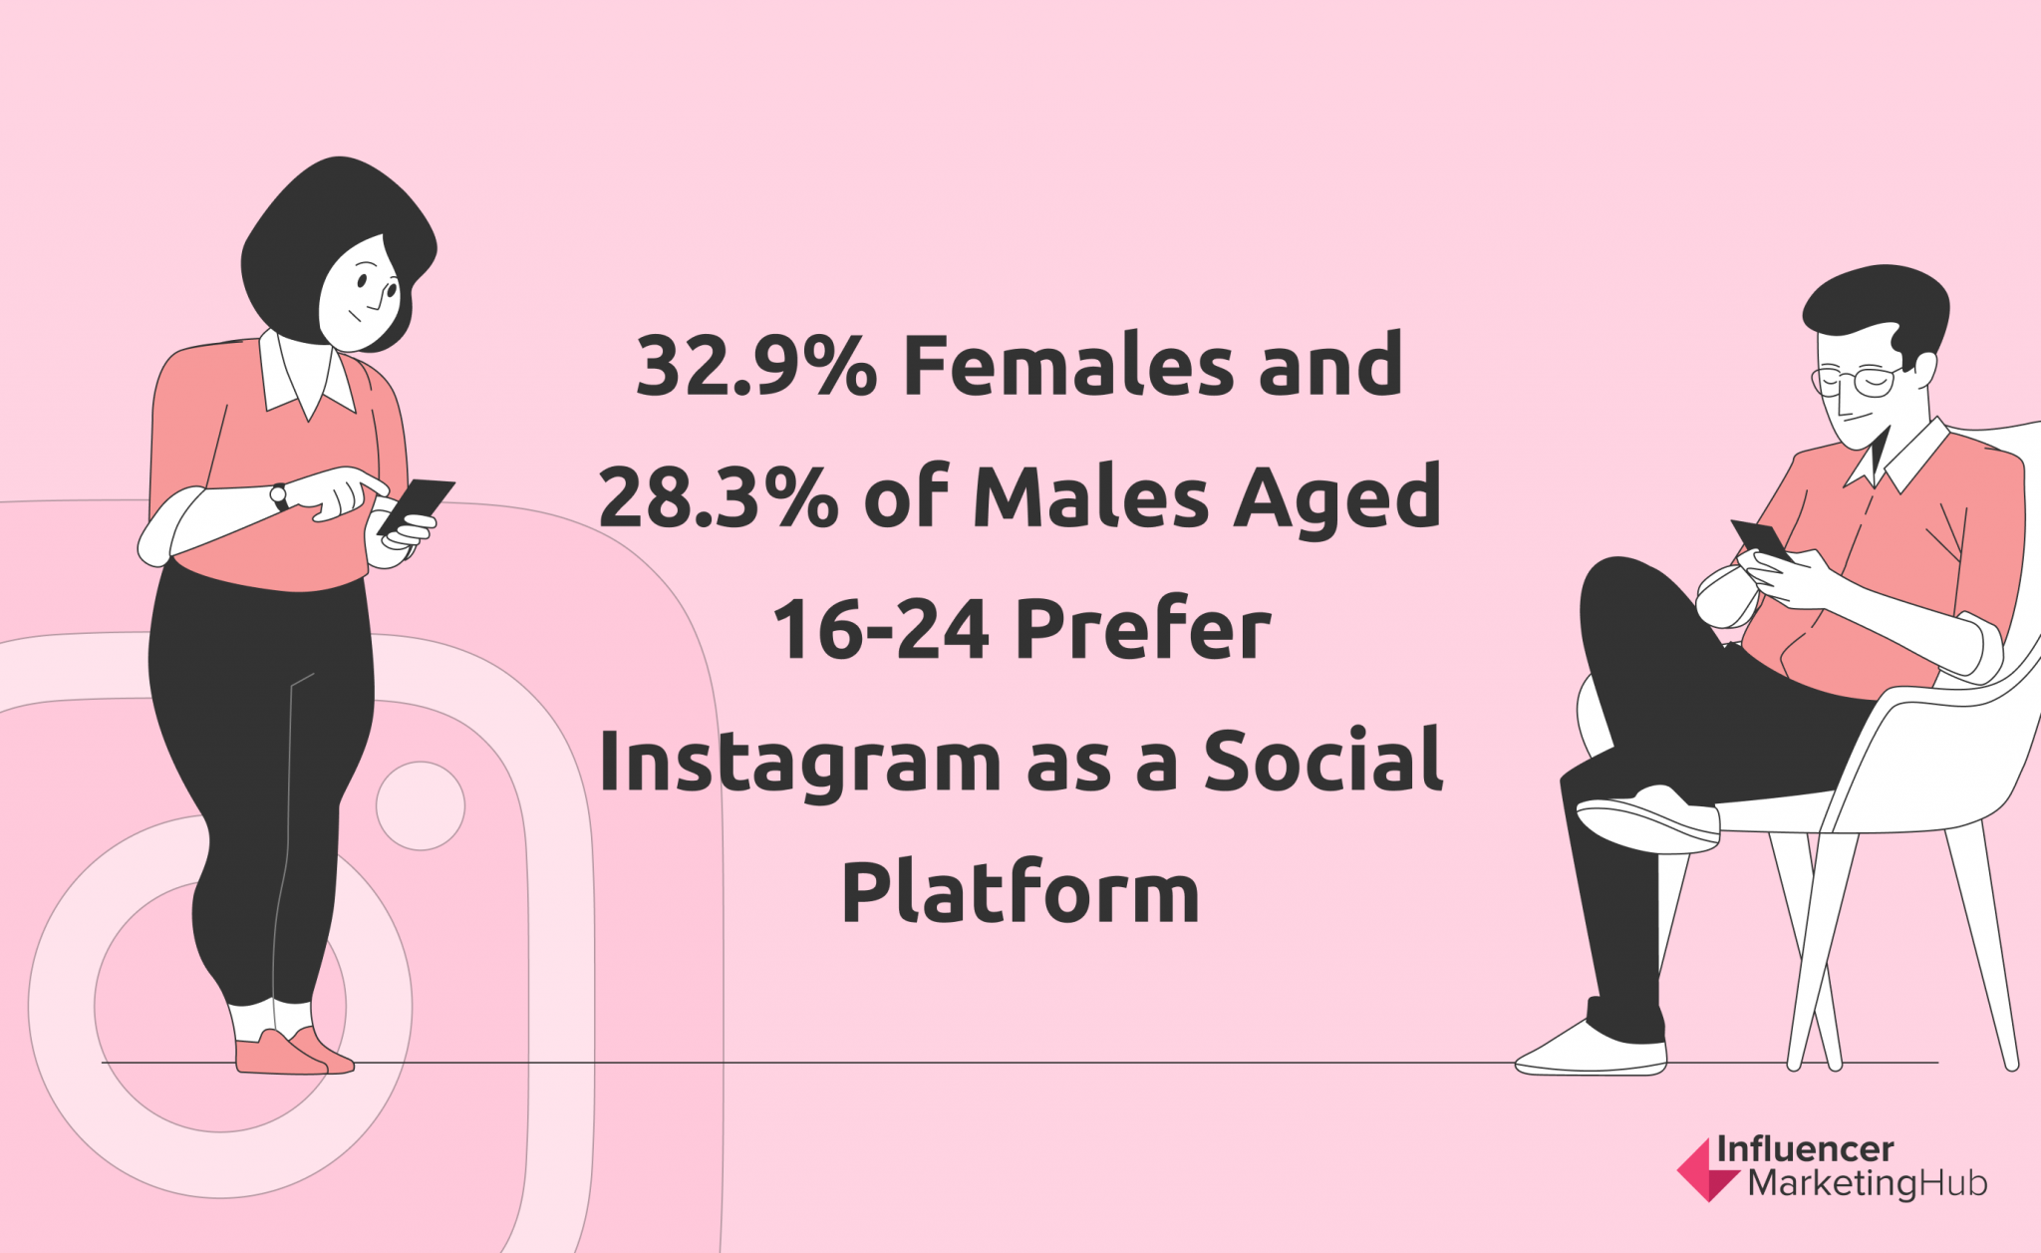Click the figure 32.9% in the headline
756,365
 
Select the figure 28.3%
719,496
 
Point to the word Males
1091,495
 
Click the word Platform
1020,891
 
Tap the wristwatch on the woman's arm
279,495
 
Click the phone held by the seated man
1762,539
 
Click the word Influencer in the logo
1805,1149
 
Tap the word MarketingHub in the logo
1868,1183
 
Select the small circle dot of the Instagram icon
421,805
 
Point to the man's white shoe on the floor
1592,1049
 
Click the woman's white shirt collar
307,377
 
